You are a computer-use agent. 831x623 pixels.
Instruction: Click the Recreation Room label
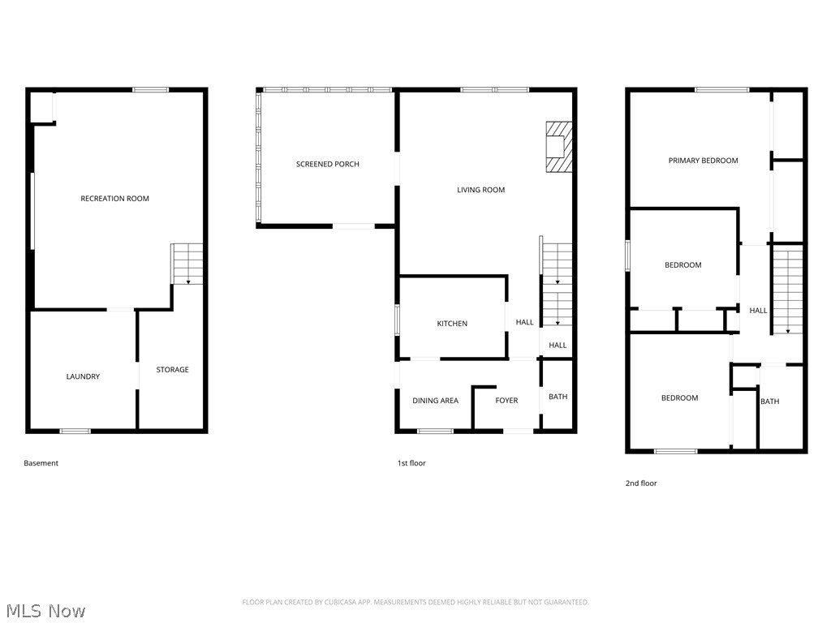tap(114, 199)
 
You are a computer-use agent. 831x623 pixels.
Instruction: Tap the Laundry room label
tap(83, 376)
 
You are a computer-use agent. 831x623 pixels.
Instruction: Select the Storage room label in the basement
tap(172, 370)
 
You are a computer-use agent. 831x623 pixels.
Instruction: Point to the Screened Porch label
tap(327, 165)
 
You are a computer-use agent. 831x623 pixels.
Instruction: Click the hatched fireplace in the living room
tap(558, 147)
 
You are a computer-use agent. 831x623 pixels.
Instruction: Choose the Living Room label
tap(480, 191)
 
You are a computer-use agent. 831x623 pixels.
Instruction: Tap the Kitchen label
tap(452, 324)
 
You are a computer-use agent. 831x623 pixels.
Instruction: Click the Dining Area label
tap(435, 401)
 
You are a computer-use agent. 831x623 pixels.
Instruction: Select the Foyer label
tap(506, 401)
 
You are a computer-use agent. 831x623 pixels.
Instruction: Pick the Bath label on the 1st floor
tap(558, 397)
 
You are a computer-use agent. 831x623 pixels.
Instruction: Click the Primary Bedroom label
tap(703, 161)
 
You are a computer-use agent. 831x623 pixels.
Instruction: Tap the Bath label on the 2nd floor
tap(769, 402)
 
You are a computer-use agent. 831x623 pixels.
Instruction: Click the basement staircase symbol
tap(187, 264)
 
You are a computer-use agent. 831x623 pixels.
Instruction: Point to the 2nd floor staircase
tap(786, 291)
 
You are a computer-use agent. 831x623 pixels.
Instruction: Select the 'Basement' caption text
tap(41, 463)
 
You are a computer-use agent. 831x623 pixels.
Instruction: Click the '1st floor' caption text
tap(411, 463)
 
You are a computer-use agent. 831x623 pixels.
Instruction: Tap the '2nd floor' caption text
tap(640, 483)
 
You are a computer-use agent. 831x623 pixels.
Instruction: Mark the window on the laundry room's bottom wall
tap(75, 431)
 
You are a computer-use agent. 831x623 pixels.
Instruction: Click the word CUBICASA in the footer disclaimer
tap(323, 602)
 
